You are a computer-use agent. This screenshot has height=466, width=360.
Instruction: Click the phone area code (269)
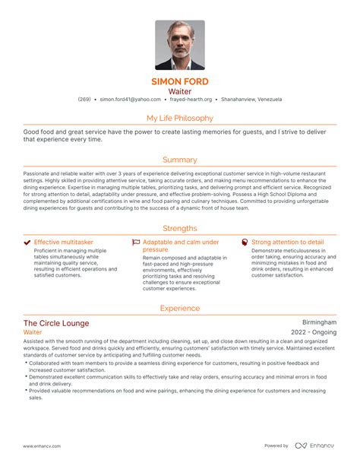point(84,100)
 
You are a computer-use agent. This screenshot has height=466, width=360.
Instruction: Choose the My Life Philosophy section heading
point(180,118)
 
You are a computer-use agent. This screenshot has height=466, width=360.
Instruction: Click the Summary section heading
point(180,160)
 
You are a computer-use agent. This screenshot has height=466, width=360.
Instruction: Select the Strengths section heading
point(180,228)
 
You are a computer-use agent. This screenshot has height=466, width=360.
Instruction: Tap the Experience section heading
point(180,308)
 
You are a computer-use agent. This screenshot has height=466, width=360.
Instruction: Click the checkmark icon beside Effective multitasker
point(27,243)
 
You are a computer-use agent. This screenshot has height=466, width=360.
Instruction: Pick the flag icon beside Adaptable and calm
point(136,243)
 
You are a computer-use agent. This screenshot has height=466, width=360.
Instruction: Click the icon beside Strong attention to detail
point(244,243)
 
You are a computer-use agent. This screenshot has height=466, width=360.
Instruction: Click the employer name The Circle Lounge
point(55,323)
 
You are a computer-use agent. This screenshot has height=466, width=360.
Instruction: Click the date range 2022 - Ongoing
point(314,333)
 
